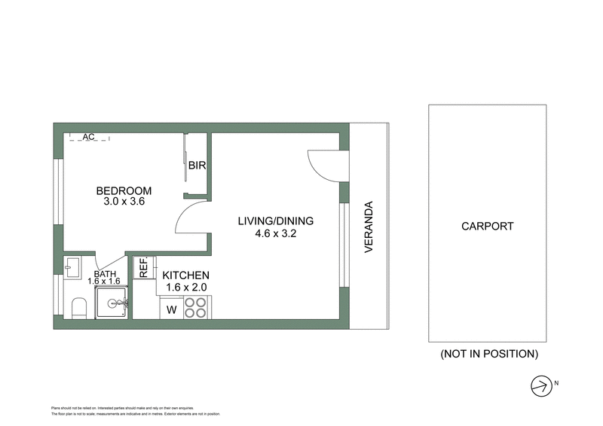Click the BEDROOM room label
pos(124,190)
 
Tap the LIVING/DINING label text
pos(275,221)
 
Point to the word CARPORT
pos(487,226)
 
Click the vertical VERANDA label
pos(369,226)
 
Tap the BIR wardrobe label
pos(197,166)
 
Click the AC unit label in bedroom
pos(88,137)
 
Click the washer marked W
pos(171,309)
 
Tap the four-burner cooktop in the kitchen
pos(196,308)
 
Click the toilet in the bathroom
pos(77,307)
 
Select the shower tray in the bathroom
pos(113,303)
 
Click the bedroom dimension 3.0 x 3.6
pos(123,202)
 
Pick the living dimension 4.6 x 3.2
pos(275,233)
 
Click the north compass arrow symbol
pos(540,385)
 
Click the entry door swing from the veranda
pos(326,163)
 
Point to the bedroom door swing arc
pos(191,221)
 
